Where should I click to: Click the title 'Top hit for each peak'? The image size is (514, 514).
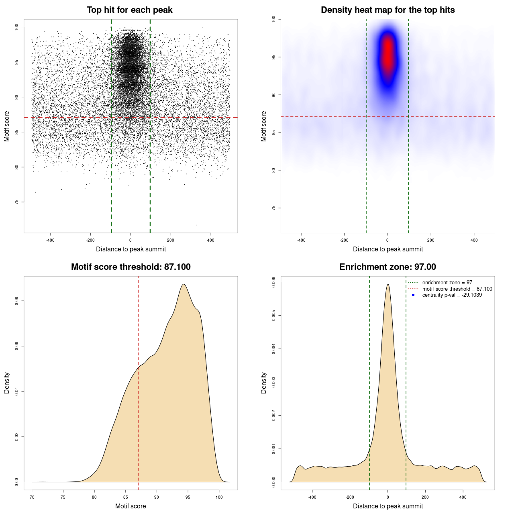coord(129,10)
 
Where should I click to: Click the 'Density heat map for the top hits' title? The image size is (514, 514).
coord(388,10)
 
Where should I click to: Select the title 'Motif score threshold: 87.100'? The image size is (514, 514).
coord(131,267)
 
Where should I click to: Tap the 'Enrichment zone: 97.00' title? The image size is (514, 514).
coord(388,267)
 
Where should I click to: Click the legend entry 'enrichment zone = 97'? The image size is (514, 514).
coord(447,283)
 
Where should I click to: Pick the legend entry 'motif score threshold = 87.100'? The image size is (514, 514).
coord(457,289)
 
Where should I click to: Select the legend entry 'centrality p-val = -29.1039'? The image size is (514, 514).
coord(452,295)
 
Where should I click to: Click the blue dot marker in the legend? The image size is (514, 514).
coord(413,295)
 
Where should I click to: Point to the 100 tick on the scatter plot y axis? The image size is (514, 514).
coord(16,27)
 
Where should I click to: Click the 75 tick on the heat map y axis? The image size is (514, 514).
coord(273,208)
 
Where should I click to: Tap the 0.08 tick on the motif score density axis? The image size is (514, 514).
coord(16,301)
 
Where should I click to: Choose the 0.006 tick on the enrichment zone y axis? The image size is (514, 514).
coord(273,282)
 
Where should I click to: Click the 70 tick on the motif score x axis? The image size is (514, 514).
coord(32,497)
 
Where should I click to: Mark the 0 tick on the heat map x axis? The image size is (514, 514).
coord(388,240)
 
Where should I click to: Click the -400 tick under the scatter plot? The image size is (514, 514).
coord(50,240)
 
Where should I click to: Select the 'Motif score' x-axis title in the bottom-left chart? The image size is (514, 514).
coord(131,506)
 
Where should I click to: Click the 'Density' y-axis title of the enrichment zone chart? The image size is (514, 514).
coord(264,383)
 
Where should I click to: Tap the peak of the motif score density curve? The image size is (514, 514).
coord(184,284)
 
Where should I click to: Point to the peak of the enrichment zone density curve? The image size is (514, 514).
coord(388,284)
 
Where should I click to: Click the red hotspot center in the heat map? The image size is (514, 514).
coord(388,52)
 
